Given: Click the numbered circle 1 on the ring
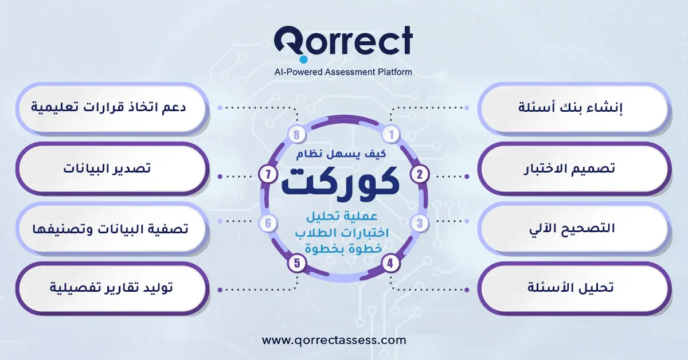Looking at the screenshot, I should point(392,135).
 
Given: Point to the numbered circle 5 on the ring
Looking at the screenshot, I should point(296,263).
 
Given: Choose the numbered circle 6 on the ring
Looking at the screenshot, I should point(268,223).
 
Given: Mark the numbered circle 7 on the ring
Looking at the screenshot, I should point(268,174).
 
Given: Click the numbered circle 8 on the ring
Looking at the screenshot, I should point(296,135).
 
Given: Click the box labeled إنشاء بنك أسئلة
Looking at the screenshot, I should point(573,108).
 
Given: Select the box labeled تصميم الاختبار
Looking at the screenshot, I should point(573,169).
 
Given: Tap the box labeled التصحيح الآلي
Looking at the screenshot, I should point(573,228).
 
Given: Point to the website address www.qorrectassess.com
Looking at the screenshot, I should point(334,340).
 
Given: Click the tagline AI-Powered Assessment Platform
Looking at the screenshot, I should point(343,72).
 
